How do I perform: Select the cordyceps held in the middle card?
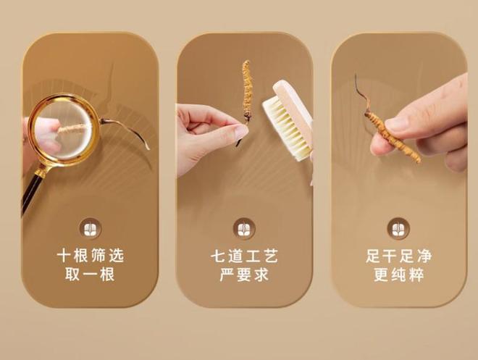click(246, 94)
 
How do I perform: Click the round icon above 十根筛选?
click(90, 227)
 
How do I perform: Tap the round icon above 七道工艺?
click(244, 227)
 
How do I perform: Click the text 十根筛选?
click(90, 256)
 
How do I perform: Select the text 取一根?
click(90, 275)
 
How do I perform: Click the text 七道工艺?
click(244, 256)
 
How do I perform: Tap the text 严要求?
click(244, 275)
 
